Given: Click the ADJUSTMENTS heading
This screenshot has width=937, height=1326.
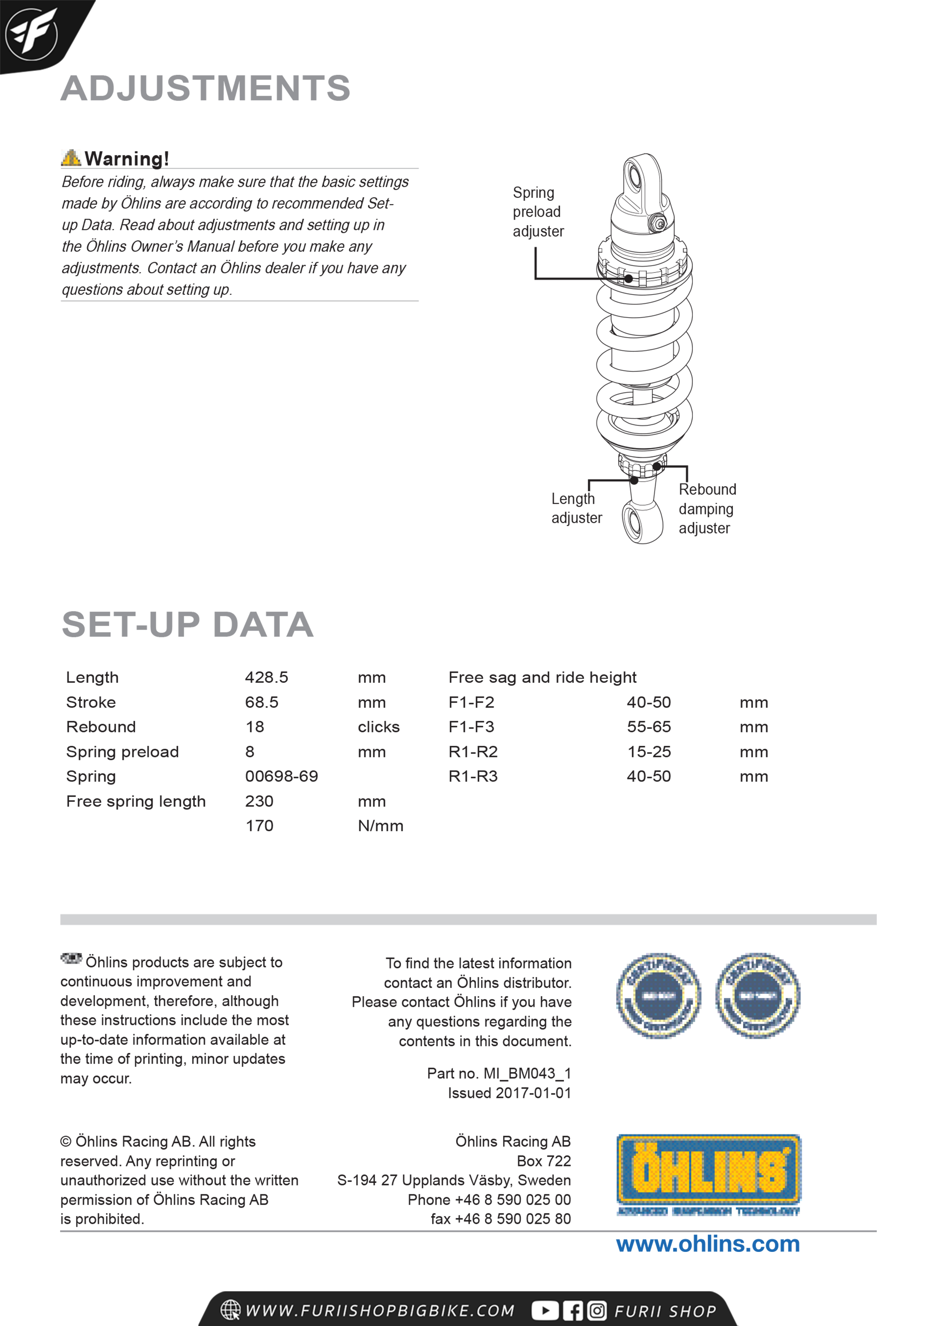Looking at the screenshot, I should click(x=206, y=88).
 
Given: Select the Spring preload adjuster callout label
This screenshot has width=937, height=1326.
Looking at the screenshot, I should click(x=538, y=212).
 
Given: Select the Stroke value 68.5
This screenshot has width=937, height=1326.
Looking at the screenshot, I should click(x=261, y=702).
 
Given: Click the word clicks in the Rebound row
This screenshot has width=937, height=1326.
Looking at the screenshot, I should click(x=378, y=727).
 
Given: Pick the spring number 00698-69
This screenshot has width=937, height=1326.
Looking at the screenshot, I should click(x=281, y=776).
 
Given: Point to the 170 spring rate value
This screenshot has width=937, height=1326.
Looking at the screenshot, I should click(x=259, y=826).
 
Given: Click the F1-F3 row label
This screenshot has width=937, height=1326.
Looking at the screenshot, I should click(x=471, y=727).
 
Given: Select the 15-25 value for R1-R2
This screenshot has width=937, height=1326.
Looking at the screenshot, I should click(x=649, y=752).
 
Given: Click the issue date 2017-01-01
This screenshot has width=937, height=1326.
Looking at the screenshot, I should click(x=533, y=1093).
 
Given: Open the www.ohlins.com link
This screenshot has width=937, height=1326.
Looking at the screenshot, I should click(x=708, y=1244).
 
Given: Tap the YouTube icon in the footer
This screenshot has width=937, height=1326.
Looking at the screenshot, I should click(x=544, y=1311).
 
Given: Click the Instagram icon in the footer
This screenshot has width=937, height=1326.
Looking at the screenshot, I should click(x=597, y=1311).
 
